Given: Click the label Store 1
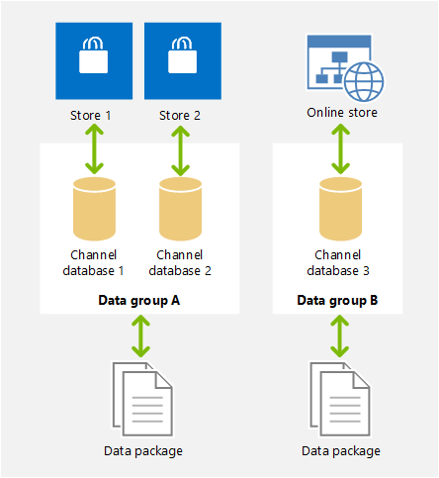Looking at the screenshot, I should (x=91, y=115).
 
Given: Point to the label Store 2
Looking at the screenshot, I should (x=180, y=115).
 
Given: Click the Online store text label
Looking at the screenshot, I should (x=341, y=113).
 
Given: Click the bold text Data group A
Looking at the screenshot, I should (x=140, y=299).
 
